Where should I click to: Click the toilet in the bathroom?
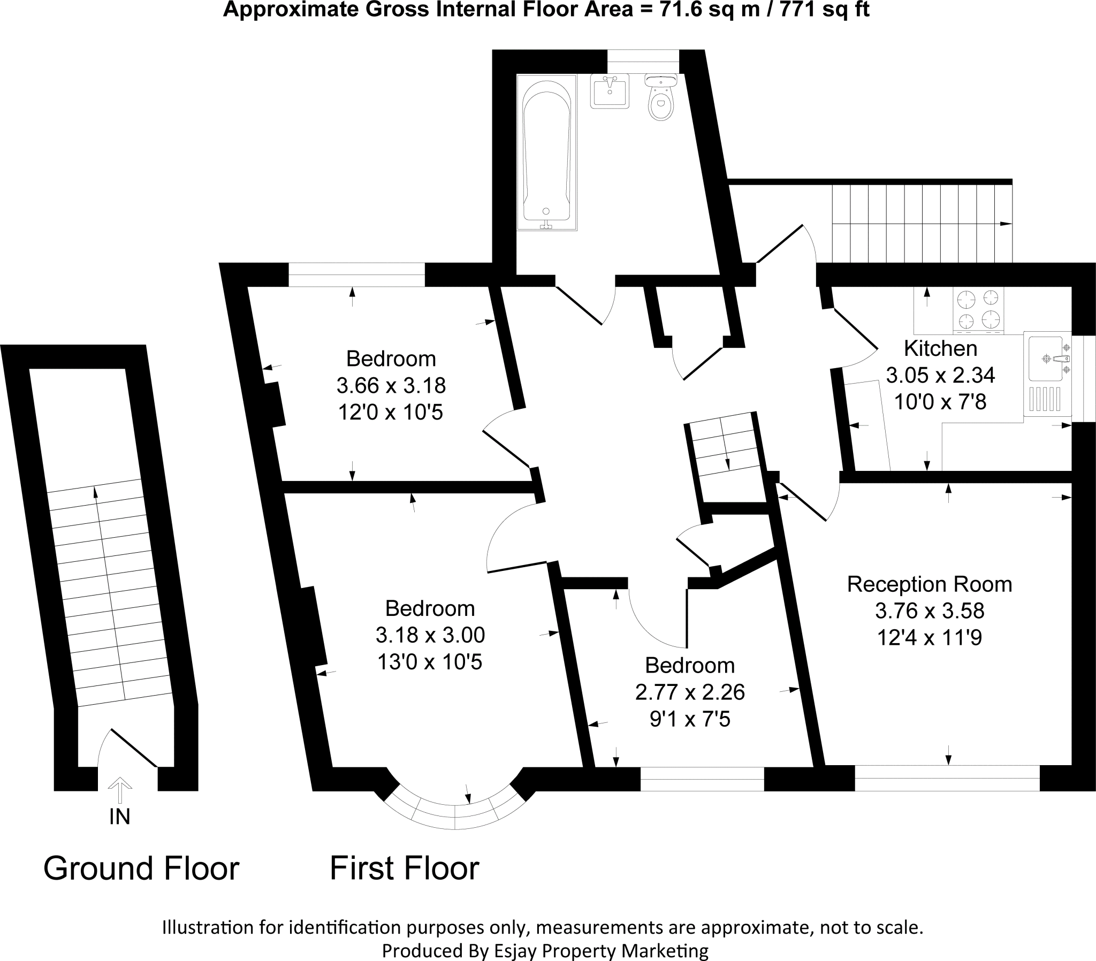pyautogui.click(x=661, y=98)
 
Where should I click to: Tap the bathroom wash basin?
pyautogui.click(x=610, y=91)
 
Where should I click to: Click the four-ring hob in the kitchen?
pyautogui.click(x=978, y=309)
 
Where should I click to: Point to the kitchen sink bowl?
pyautogui.click(x=1046, y=359)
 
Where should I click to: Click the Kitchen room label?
pyautogui.click(x=940, y=348)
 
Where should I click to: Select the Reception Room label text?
pyautogui.click(x=929, y=584)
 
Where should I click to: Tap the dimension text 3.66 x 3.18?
pyautogui.click(x=391, y=385)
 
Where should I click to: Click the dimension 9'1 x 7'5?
pyautogui.click(x=690, y=719)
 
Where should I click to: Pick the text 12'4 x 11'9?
pyautogui.click(x=929, y=638)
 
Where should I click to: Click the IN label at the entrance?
pyautogui.click(x=119, y=816)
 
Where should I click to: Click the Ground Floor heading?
pyautogui.click(x=141, y=868)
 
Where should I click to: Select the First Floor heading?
pyautogui.click(x=404, y=868)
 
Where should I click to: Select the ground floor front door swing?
pyautogui.click(x=128, y=748)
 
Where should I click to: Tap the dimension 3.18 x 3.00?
pyautogui.click(x=430, y=635)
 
